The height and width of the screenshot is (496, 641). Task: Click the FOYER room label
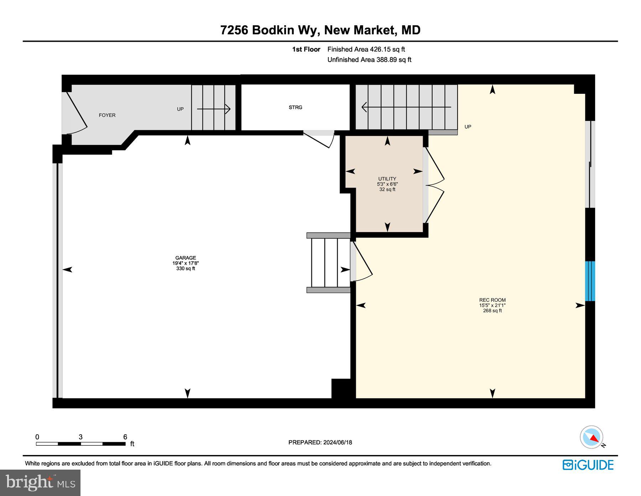tap(107, 115)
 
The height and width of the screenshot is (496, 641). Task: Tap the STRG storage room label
tap(295, 107)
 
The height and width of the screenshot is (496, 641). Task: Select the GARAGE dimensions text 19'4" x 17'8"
tap(186, 263)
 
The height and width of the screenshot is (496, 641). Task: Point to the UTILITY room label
tap(387, 179)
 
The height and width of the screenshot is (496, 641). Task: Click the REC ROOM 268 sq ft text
tap(492, 311)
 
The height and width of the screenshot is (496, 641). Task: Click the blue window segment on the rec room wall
tap(590, 281)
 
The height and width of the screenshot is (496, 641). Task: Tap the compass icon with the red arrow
tap(592, 437)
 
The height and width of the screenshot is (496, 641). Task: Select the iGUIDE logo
tap(588, 465)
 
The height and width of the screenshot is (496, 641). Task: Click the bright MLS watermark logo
tap(40, 482)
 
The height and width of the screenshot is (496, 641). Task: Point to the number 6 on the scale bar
tap(125, 437)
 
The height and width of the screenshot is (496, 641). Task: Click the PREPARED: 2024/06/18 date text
tap(320, 443)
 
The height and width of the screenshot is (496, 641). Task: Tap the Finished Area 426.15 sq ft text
tap(366, 50)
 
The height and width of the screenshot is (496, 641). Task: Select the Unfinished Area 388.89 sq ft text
tap(369, 60)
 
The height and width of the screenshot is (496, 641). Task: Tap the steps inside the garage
tap(328, 263)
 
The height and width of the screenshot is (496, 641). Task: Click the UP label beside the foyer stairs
tap(180, 109)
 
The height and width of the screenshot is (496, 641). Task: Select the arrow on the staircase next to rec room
tap(406, 107)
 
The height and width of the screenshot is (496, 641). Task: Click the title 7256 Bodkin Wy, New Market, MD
tap(320, 30)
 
